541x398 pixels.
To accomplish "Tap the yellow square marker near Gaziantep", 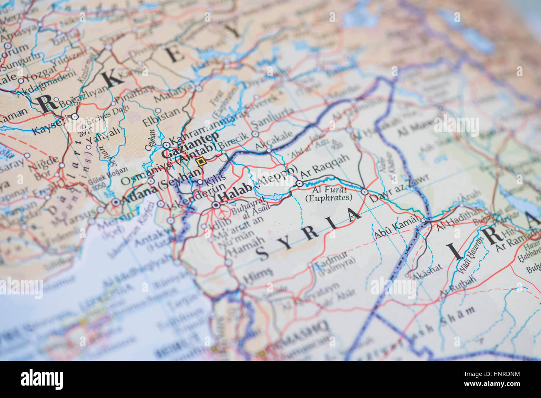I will click(201, 162).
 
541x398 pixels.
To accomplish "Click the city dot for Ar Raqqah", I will click(299, 183).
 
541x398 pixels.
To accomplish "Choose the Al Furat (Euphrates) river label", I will click(329, 194).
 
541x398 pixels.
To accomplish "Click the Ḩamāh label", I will click(249, 245).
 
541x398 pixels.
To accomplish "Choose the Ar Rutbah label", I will click(458, 288).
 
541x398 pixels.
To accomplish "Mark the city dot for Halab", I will click(216, 205).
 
